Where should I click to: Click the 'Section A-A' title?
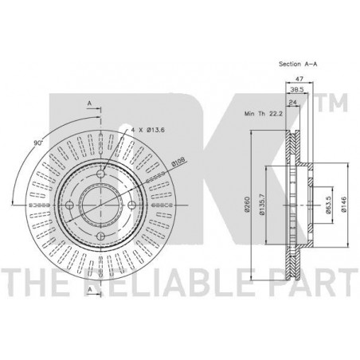(x=298, y=64)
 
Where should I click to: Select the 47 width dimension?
(x=299, y=79)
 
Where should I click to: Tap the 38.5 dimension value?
(x=296, y=90)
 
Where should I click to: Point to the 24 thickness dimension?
(x=293, y=103)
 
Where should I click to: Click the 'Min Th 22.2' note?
(x=264, y=114)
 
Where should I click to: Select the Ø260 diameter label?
(x=248, y=205)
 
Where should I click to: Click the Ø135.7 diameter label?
(x=262, y=205)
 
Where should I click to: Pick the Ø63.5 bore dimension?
(x=328, y=205)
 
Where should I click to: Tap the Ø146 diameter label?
(x=344, y=205)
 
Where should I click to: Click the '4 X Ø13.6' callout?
(x=148, y=130)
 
